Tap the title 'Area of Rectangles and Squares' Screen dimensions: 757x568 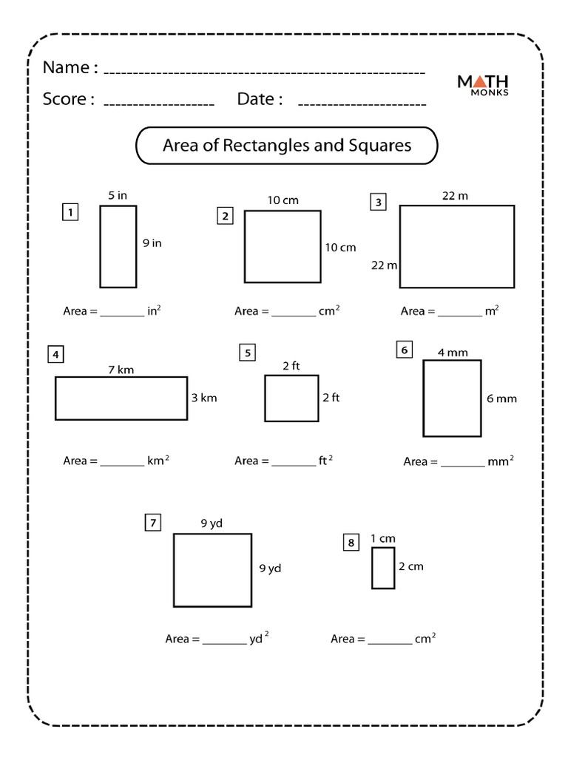coord(287,146)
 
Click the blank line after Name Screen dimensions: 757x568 coord(264,72)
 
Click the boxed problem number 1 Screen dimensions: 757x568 coord(70,214)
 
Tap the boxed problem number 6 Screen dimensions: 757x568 coord(404,350)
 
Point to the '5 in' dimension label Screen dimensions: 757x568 coord(118,196)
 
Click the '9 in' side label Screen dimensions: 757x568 coord(152,243)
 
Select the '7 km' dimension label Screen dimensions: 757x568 coord(121,370)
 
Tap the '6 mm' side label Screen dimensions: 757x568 coord(501,398)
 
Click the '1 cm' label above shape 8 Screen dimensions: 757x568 coord(383,538)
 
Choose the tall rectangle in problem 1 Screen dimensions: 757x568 coord(118,246)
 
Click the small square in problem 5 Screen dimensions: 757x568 coord(291,398)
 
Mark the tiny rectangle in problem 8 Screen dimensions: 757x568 coord(383,568)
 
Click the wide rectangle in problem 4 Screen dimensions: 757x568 coord(121,398)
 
